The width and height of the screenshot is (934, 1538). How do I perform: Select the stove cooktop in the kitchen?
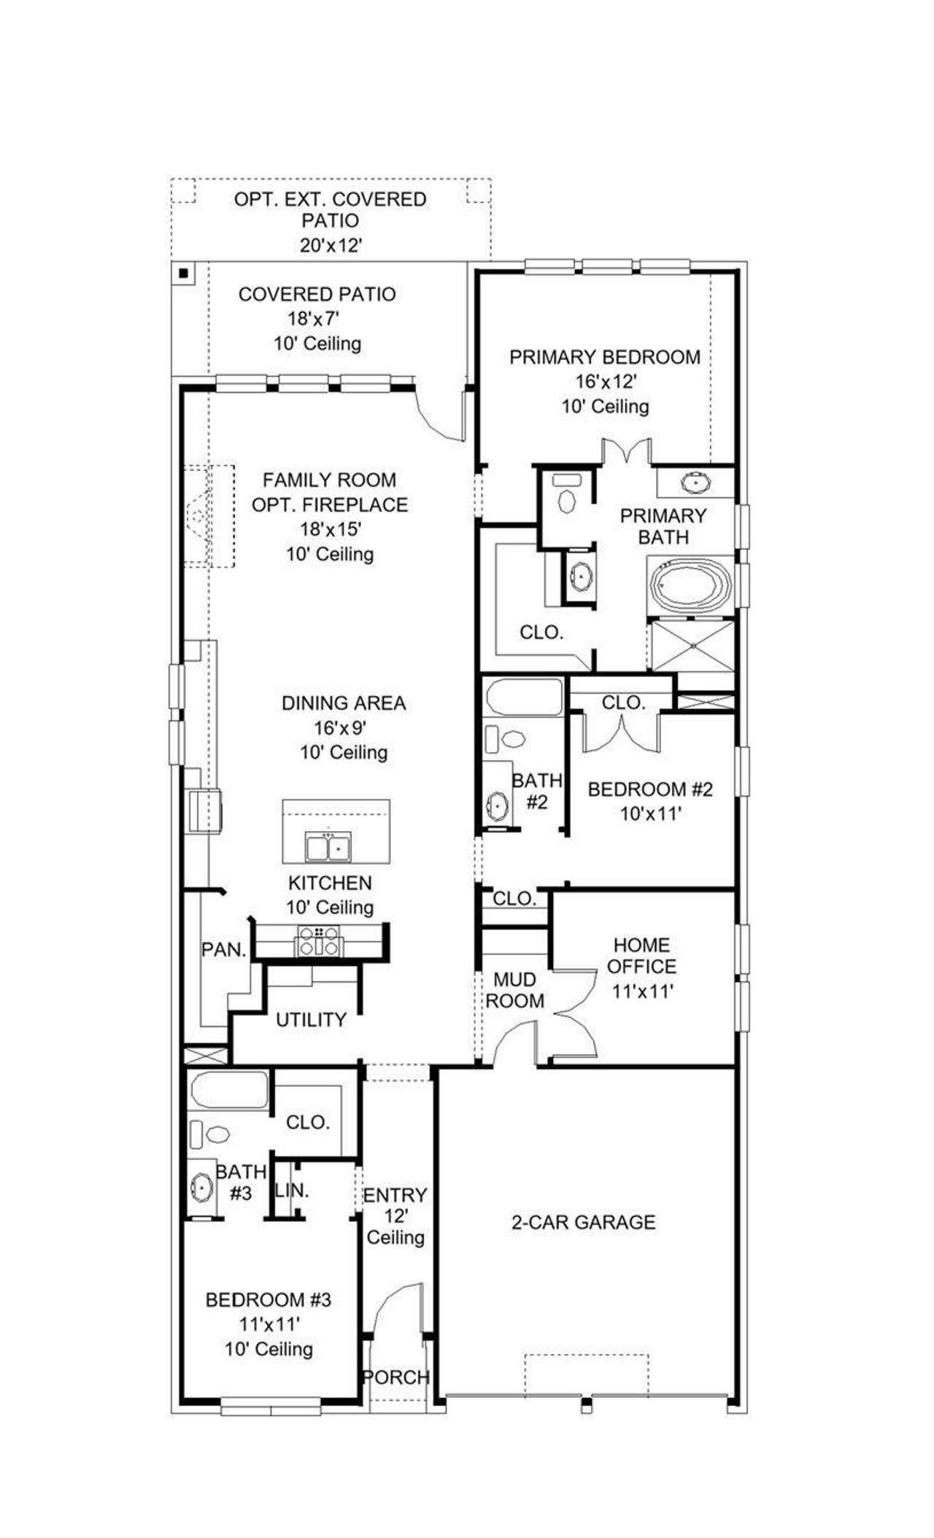click(318, 940)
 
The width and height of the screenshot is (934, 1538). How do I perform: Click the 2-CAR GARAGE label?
click(583, 1222)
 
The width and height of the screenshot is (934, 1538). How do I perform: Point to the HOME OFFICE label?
click(641, 956)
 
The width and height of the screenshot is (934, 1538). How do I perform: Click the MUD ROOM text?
click(515, 990)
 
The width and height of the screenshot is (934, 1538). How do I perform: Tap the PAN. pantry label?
click(223, 950)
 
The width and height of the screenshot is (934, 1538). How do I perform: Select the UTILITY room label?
click(311, 1020)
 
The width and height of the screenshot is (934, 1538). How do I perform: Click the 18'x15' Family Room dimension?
click(331, 529)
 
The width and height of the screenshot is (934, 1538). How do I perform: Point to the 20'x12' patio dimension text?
click(331, 245)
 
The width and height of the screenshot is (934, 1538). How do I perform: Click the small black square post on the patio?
click(184, 274)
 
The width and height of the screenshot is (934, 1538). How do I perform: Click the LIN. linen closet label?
click(292, 1191)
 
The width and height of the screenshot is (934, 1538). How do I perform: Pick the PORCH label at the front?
click(396, 1377)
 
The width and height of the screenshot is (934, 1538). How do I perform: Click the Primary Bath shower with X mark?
click(692, 644)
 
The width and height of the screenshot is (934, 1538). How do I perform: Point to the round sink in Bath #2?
click(497, 807)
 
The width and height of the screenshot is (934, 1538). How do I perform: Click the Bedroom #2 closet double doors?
click(622, 732)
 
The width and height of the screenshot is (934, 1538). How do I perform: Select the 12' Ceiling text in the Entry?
click(395, 1226)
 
